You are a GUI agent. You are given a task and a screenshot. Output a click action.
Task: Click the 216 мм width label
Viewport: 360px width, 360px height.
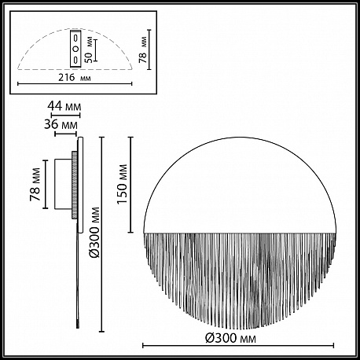(x=75, y=78)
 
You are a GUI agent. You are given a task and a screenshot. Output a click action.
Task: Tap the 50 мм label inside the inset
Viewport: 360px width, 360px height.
(x=89, y=51)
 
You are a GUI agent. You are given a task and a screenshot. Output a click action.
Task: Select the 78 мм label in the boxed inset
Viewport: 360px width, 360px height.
(x=143, y=50)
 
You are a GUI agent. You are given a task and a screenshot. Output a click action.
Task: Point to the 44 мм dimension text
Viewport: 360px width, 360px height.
(x=64, y=106)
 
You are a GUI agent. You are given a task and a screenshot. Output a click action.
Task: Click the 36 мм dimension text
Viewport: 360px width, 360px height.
(x=61, y=124)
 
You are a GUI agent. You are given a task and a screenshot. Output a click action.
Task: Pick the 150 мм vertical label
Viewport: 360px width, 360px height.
(x=122, y=185)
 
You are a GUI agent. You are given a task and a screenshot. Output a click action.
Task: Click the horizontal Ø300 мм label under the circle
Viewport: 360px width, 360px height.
(x=230, y=338)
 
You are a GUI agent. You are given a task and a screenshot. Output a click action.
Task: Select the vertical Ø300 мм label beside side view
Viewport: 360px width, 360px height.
(x=94, y=233)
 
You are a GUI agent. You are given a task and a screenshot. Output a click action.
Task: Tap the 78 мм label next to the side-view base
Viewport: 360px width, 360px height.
(x=35, y=185)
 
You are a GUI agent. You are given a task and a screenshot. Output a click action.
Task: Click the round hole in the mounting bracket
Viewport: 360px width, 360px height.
(x=75, y=49)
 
